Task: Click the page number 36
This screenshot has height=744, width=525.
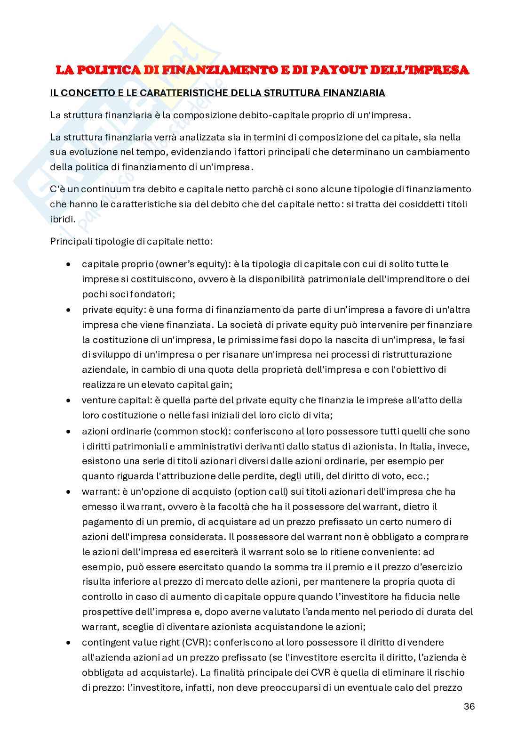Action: click(469, 706)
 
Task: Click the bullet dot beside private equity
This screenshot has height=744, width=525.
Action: click(69, 310)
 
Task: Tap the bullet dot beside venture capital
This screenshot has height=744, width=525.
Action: click(69, 401)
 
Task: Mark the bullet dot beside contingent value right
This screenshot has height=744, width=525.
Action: click(69, 642)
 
